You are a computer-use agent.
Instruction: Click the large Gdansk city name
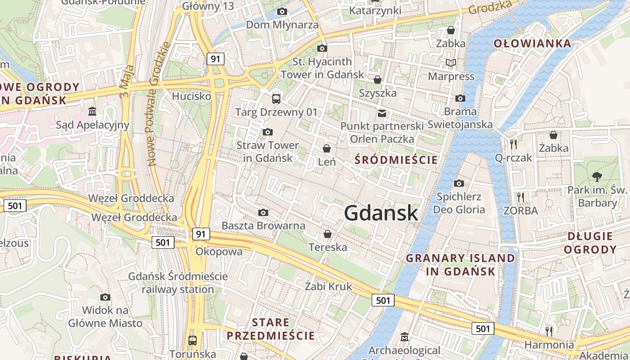coord(381,213)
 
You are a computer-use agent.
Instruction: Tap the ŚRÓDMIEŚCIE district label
coord(396,160)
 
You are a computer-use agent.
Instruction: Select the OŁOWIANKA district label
coord(532,44)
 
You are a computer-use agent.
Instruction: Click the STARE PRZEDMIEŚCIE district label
coord(270,329)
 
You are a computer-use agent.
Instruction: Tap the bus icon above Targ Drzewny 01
coord(276,99)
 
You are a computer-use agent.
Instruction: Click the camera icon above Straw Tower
coord(267,132)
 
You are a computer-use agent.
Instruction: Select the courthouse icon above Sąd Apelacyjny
coord(92,111)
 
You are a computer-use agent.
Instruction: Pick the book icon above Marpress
coord(450,63)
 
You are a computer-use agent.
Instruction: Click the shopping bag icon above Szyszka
coord(378,80)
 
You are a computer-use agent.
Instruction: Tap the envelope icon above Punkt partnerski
coord(382,112)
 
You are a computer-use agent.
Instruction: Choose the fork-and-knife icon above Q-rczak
coord(513,144)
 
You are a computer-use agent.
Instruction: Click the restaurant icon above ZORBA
coord(520,197)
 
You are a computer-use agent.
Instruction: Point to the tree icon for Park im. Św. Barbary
coord(597,176)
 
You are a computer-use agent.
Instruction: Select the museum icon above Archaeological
coord(405,337)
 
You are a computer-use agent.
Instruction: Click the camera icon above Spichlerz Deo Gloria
coord(459,183)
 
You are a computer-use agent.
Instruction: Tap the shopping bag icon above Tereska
coord(328,234)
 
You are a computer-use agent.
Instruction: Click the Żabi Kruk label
coord(328,286)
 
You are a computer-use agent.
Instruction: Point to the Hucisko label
coord(191,96)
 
